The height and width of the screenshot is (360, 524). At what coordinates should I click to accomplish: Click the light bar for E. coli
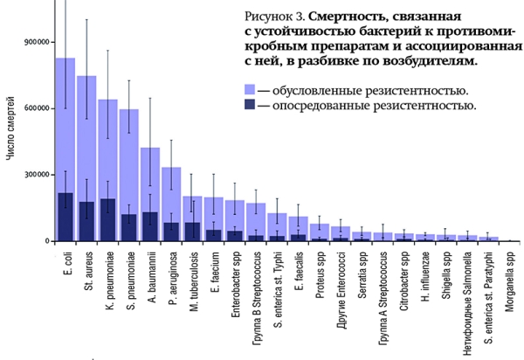coord(65,122)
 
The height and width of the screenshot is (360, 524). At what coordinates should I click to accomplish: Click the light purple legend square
coord(250,90)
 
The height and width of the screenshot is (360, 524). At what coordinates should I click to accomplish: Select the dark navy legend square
coord(250,107)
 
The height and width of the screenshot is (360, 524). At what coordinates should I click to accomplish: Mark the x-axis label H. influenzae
coord(426,281)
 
